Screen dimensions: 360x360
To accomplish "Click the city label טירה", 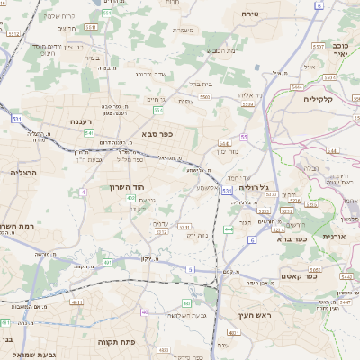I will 251,14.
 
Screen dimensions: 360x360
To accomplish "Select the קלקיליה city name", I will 319,99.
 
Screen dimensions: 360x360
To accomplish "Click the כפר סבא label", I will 157,134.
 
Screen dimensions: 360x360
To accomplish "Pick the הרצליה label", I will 22,171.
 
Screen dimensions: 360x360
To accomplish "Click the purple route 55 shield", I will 244,136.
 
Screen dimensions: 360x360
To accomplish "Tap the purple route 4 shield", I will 83,192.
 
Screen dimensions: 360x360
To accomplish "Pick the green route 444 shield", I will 229,229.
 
